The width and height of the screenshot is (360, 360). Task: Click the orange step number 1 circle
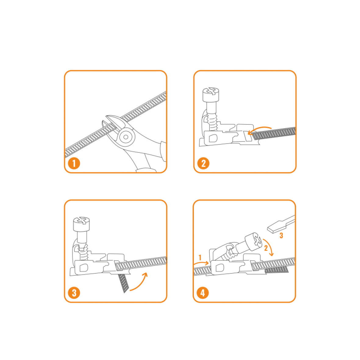coord(74,163)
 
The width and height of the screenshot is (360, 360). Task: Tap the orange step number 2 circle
coord(203,163)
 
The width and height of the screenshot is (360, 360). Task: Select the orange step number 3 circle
coord(74,293)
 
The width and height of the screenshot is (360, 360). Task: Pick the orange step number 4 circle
coord(203,293)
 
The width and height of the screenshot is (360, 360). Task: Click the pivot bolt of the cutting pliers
coord(126,137)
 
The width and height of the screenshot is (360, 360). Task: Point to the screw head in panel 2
coord(211,94)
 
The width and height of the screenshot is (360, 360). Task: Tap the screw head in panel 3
coord(81,224)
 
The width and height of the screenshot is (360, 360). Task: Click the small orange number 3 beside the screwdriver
coord(281,235)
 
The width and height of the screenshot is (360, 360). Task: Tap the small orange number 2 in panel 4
coord(266,248)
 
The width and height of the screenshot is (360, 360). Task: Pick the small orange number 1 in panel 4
coord(200,257)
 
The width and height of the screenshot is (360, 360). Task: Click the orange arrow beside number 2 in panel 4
coord(269,247)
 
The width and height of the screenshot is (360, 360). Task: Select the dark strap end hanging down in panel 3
coord(123,283)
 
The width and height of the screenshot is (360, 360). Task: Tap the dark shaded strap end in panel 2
coord(274,134)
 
